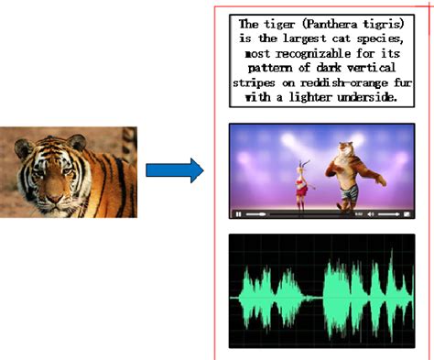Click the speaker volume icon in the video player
click(x=371, y=213)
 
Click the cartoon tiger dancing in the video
click(x=347, y=174)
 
